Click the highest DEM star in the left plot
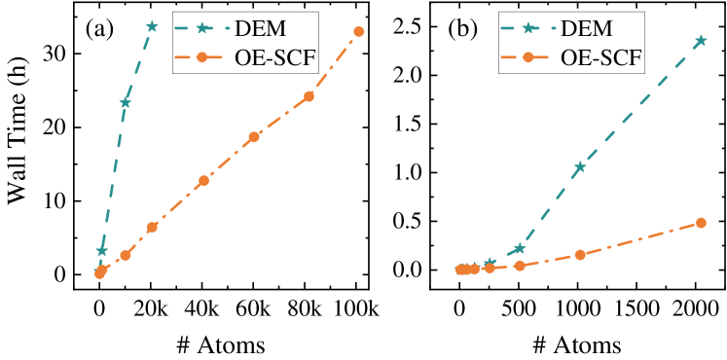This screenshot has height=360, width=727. (152, 26)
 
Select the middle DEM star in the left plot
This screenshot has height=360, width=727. (126, 102)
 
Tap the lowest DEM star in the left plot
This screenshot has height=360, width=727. (101, 251)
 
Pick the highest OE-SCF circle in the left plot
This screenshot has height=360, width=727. (359, 32)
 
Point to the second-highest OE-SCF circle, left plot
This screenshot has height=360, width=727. (309, 96)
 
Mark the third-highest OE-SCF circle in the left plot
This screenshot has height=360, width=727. (254, 137)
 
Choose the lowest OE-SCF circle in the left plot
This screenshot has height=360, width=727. (99, 273)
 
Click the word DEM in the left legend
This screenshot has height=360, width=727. (260, 29)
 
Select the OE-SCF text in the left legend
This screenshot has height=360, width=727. (275, 58)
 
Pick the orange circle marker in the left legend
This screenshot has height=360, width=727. (202, 58)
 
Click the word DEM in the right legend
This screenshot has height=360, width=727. (586, 29)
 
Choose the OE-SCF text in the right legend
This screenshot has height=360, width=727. (601, 58)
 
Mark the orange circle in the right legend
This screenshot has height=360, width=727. (528, 58)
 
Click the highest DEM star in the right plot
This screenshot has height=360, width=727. (701, 41)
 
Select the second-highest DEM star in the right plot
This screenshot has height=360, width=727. (580, 167)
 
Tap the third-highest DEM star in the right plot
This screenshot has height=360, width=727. (520, 249)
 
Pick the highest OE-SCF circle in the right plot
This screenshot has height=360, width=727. (701, 223)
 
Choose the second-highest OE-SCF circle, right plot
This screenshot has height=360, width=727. (580, 255)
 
